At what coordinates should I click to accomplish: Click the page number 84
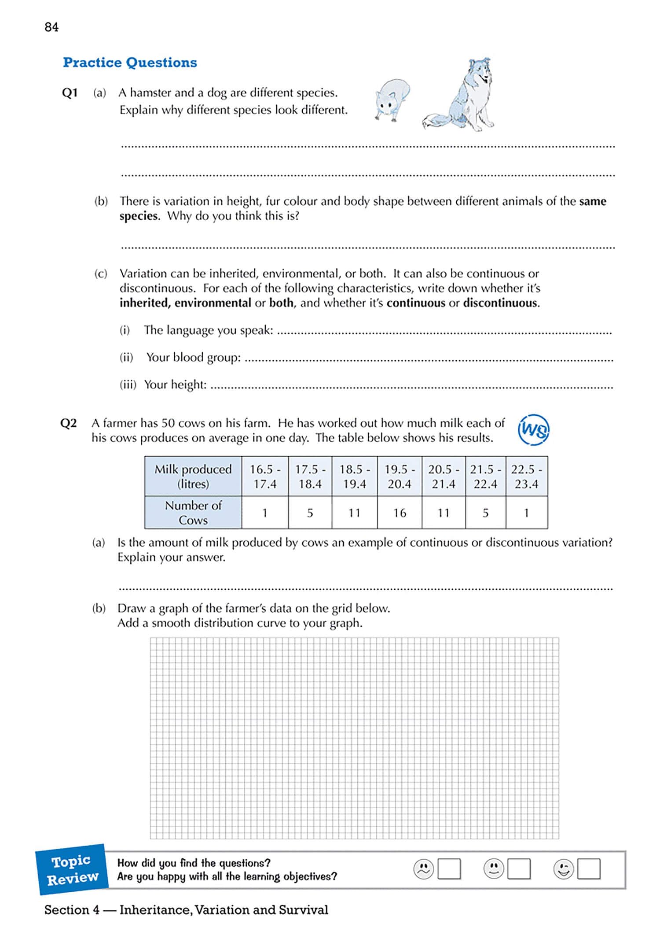[x=51, y=27]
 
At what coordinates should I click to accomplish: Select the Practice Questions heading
[x=130, y=63]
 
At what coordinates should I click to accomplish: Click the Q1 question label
[x=70, y=93]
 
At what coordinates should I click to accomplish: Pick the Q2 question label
[x=69, y=423]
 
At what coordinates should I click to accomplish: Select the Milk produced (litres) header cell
[x=193, y=476]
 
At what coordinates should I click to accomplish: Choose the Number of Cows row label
[x=193, y=513]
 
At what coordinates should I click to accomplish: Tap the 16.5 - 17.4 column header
[x=265, y=476]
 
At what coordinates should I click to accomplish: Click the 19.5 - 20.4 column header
[x=399, y=476]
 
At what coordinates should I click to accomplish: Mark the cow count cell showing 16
[x=399, y=513]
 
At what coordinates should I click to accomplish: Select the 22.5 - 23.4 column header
[x=526, y=476]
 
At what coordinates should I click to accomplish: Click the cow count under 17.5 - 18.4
[x=310, y=513]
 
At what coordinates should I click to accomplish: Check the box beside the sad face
[x=449, y=869]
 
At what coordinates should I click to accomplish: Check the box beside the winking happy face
[x=589, y=869]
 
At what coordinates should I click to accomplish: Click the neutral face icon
[x=494, y=869]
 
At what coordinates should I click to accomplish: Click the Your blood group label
[x=194, y=357]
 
